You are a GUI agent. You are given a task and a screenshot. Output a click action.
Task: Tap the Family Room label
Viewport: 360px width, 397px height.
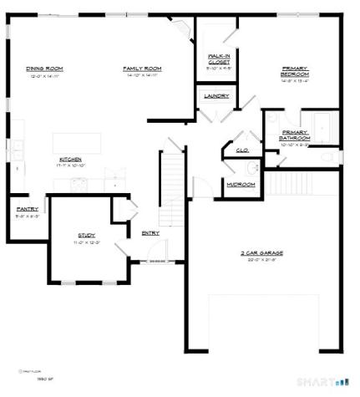142,69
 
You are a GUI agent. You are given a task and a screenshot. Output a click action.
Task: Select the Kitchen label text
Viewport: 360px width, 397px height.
70,159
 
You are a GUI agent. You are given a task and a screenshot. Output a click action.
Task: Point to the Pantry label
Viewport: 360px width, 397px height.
26,209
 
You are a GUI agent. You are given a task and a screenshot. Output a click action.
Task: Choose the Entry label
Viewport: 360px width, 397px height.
151,232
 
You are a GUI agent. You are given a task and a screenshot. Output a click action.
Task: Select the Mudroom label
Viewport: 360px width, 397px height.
241,185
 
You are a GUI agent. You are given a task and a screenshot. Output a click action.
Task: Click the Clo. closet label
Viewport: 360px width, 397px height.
242,150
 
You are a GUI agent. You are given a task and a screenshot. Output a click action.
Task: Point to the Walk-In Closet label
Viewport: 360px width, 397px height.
219,58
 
